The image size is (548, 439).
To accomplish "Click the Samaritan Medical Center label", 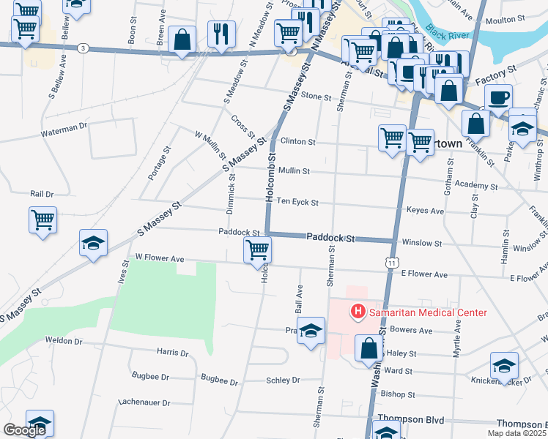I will [x=428, y=312].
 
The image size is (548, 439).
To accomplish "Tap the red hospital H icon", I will [x=358, y=312].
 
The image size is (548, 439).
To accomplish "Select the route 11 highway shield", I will [x=393, y=262].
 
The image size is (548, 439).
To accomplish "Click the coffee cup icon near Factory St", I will [x=498, y=98].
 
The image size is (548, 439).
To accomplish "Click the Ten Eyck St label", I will [x=297, y=203].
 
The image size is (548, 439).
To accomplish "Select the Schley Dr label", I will [x=283, y=380].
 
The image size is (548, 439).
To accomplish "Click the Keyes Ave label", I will [x=425, y=211].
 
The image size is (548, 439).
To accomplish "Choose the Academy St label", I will [x=476, y=186].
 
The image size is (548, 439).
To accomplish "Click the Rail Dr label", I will [x=42, y=194].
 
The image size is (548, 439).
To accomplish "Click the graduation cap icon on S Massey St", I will [x=94, y=244].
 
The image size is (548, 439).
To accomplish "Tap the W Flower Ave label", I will [x=159, y=258].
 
